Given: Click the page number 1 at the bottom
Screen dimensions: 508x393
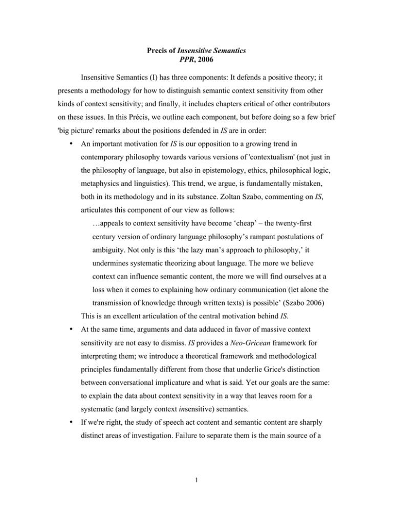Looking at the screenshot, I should [x=196, y=482].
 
